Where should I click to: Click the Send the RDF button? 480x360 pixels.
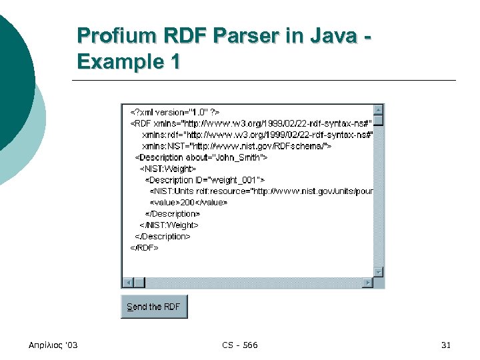pos(154,307)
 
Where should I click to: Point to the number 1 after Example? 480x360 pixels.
pos(175,62)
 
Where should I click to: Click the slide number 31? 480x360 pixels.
pos(446,345)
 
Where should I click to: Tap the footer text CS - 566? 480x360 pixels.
pos(240,345)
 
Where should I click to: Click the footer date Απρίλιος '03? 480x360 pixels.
pos(53,345)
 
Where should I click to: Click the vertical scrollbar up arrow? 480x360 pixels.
pos(378,109)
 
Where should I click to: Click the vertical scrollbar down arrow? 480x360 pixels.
pos(378,272)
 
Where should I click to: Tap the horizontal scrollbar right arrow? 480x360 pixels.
pos(367,283)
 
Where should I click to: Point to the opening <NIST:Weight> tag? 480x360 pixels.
pos(167,169)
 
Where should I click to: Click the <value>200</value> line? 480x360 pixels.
pos(188,202)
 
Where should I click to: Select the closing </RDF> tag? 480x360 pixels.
pos(144,247)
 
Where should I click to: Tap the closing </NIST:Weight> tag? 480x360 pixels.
pos(169,225)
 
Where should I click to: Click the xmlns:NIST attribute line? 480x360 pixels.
pos(237,145)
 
